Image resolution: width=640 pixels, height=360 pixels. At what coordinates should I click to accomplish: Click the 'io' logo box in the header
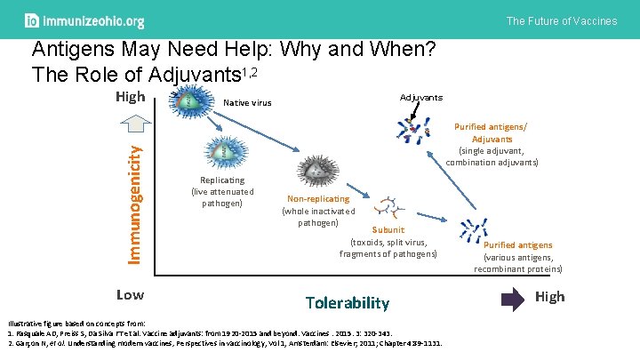pos(32,20)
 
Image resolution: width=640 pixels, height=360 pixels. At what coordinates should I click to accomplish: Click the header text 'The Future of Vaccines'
pos(561,20)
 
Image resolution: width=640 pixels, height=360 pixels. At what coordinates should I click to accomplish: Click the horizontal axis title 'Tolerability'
pos(347,303)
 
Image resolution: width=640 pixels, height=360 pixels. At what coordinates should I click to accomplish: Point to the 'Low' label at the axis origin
pos(131,293)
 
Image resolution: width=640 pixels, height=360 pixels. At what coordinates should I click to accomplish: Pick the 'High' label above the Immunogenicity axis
pos(131,96)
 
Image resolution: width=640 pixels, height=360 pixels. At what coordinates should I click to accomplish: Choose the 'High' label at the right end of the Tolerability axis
pos(549,296)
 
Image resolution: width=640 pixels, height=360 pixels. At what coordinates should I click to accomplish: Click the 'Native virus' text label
pos(247,103)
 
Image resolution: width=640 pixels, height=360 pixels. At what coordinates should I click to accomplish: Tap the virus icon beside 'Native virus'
pos(188,100)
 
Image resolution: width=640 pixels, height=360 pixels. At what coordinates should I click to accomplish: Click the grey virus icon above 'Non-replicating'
pos(316,171)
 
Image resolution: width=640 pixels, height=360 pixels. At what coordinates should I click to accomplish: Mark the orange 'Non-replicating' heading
pos(318,199)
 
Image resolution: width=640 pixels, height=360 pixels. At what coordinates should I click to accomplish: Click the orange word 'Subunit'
pos(388,229)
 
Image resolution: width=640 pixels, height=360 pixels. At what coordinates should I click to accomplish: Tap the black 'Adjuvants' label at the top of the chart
pos(420,97)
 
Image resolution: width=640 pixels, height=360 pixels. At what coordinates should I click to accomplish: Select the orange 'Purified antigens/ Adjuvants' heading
pos(492,132)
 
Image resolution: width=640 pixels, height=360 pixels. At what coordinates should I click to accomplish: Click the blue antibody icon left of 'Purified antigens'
pos(470,232)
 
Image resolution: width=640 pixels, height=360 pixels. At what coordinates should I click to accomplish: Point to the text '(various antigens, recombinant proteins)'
pos(517,263)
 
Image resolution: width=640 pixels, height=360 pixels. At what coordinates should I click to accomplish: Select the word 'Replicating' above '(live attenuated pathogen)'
pos(222,180)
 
